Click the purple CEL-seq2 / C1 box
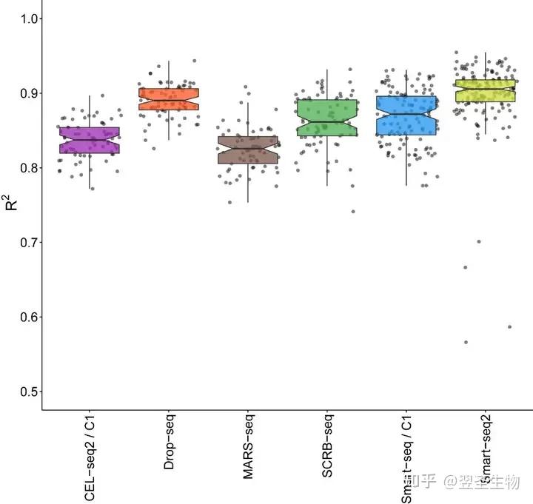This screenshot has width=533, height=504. [90, 140]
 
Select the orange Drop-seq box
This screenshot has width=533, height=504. [169, 99]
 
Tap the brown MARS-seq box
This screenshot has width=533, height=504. [248, 149]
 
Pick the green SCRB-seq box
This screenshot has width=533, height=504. [327, 118]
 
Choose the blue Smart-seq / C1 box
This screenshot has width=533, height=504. [406, 115]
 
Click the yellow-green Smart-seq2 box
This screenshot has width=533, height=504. [486, 91]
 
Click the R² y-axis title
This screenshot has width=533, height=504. [12, 201]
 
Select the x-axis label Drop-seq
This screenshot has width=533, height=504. [169, 442]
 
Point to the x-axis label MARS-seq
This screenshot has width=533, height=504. [248, 447]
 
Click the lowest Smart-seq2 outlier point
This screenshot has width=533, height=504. [466, 342]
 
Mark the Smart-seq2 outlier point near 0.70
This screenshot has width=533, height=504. [479, 241]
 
